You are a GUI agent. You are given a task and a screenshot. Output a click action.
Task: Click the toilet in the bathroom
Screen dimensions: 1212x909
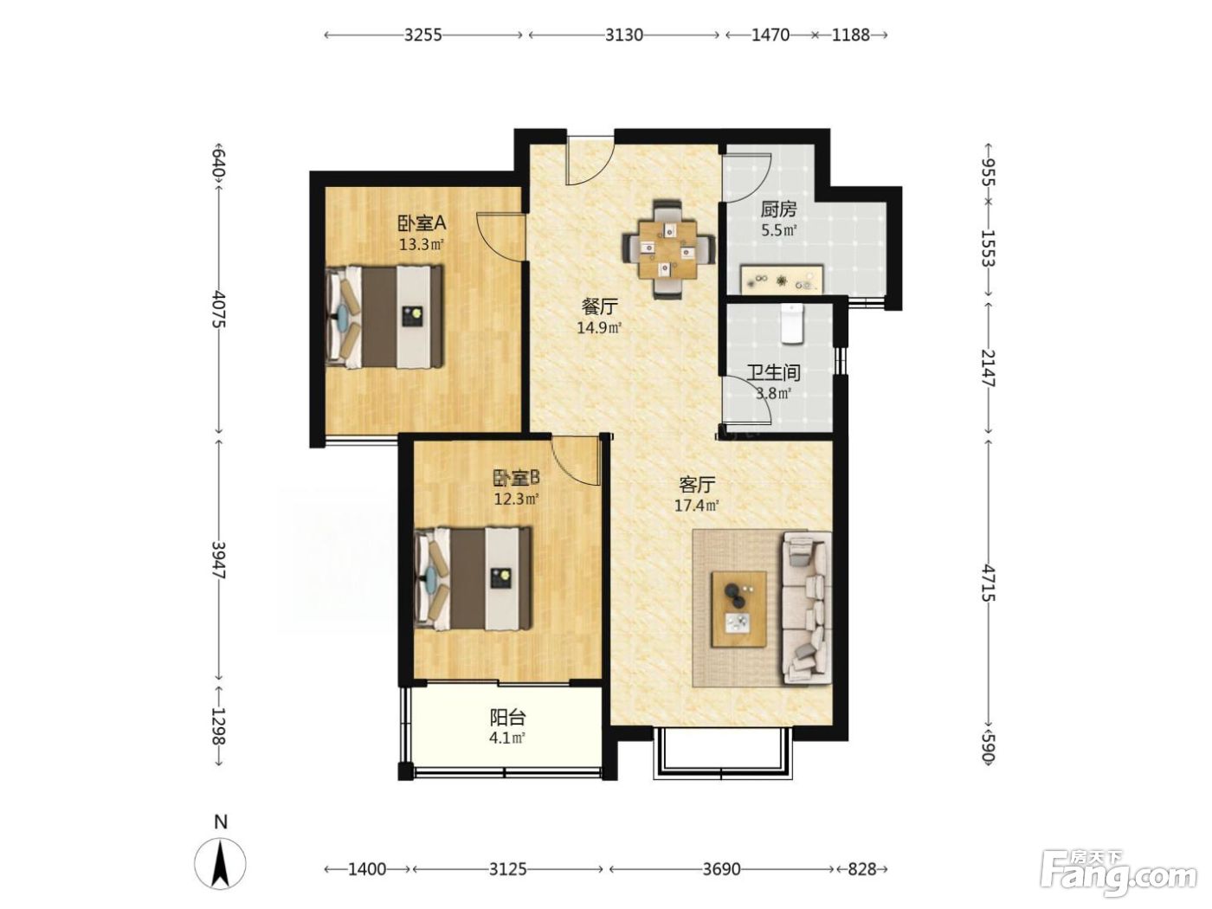(792, 325)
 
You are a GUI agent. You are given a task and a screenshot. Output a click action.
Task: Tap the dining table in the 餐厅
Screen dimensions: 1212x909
(667, 249)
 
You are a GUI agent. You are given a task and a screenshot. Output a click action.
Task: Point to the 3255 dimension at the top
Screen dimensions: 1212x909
(423, 35)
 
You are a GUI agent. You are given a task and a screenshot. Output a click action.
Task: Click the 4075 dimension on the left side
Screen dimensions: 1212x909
(219, 309)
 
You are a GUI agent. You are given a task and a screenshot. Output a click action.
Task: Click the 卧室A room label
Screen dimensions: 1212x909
(422, 223)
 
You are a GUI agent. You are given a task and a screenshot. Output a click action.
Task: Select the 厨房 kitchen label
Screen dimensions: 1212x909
(778, 210)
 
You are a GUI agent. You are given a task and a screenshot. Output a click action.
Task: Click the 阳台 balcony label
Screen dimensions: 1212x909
(507, 718)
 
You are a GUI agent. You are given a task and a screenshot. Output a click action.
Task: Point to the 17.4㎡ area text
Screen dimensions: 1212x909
(697, 506)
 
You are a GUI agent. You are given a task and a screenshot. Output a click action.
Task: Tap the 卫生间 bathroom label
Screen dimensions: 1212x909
(774, 373)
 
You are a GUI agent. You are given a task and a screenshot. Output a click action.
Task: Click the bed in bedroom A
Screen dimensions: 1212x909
(384, 317)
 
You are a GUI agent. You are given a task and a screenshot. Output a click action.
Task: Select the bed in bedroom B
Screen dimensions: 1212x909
(473, 578)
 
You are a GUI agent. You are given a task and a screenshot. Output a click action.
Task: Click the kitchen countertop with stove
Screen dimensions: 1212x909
(782, 279)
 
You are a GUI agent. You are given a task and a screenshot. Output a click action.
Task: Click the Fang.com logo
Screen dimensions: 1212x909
(1119, 874)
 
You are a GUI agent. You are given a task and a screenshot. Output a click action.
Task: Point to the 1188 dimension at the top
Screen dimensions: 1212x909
(851, 35)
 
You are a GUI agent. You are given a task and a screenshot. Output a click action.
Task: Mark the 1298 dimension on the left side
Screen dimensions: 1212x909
(219, 726)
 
